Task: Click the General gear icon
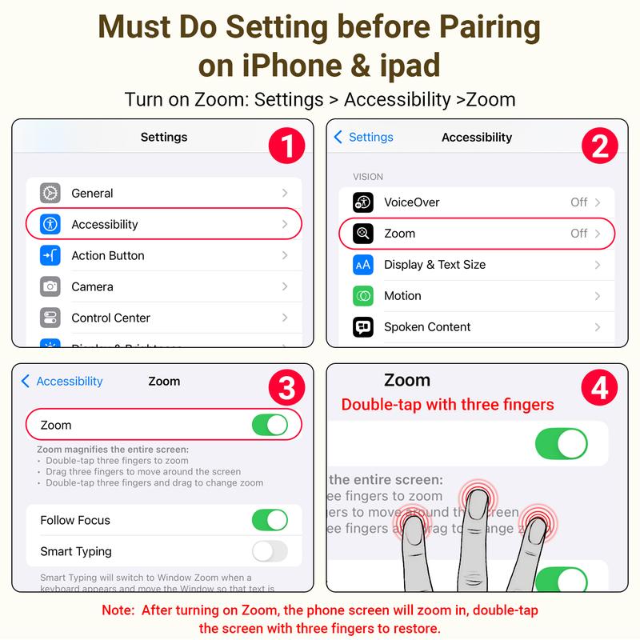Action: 50,193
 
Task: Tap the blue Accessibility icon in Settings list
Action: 50,224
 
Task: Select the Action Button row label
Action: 108,255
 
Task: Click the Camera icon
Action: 50,286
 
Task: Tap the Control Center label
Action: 110,318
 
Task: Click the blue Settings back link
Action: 364,137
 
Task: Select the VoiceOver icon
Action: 363,202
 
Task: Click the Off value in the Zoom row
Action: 579,234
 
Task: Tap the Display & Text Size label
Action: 434,265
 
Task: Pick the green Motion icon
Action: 363,296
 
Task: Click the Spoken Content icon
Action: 363,327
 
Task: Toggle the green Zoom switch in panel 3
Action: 270,425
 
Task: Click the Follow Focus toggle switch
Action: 270,520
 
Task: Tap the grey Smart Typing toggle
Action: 270,551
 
